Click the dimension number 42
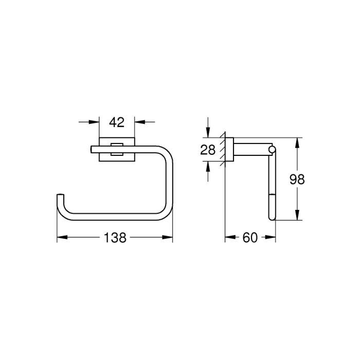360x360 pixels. click(117, 122)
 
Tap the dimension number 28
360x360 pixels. click(207, 150)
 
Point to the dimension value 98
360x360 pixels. click(297, 179)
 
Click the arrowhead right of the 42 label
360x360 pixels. click(139, 122)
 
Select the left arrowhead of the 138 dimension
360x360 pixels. click(61, 238)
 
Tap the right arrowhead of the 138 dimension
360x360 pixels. click(168, 238)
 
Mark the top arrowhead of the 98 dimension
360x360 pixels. click(297, 142)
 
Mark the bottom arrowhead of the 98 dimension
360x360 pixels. click(297, 216)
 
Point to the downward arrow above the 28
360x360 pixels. click(207, 133)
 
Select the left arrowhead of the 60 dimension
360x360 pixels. click(229, 238)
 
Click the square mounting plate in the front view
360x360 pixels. click(117, 149)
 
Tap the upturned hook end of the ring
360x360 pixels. click(60, 197)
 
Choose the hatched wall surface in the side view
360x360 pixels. click(223, 150)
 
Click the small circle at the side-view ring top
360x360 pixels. click(271, 149)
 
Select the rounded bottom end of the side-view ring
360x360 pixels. click(271, 218)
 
